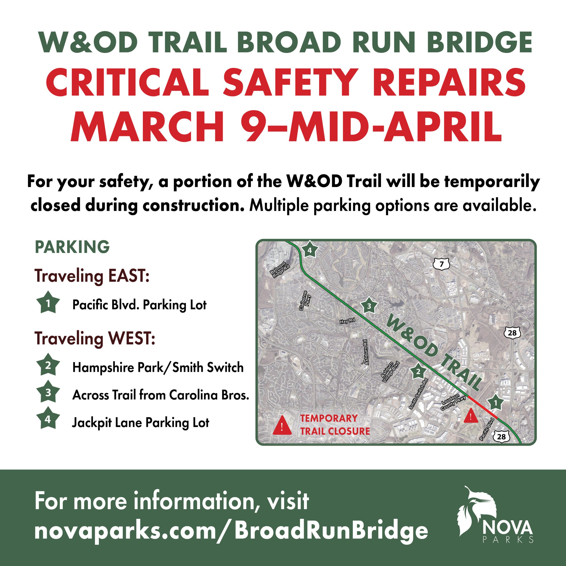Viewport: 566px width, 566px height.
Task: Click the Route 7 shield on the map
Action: (x=442, y=264)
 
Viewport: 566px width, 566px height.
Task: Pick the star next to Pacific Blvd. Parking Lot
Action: (x=48, y=303)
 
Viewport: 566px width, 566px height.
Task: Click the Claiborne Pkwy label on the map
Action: (x=305, y=301)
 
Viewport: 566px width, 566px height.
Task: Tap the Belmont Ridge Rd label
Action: (x=280, y=269)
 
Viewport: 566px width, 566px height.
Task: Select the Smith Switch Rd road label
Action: (x=419, y=394)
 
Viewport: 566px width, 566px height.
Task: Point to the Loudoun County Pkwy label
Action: (x=453, y=402)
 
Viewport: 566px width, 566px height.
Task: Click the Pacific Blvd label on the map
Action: (x=487, y=429)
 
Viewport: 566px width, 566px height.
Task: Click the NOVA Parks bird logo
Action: (x=477, y=515)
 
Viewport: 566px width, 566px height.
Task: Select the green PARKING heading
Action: (x=72, y=247)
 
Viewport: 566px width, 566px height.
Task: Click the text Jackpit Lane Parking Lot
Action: (x=141, y=423)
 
